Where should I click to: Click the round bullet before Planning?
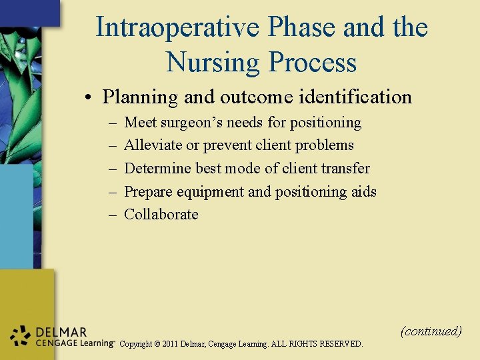(x=89, y=98)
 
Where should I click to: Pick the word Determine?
(x=157, y=168)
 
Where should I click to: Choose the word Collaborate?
(x=161, y=214)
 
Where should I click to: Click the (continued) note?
(x=431, y=331)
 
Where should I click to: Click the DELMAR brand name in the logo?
(x=62, y=331)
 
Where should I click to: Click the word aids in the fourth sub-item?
(x=363, y=192)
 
